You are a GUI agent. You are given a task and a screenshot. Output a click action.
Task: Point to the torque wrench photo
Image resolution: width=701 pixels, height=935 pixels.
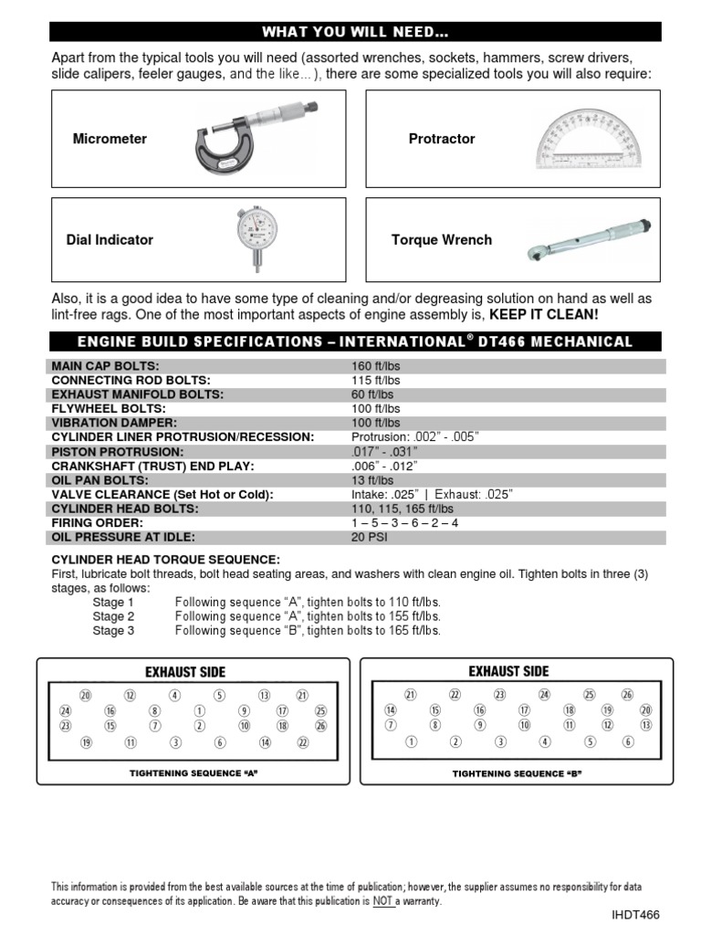pos(589,239)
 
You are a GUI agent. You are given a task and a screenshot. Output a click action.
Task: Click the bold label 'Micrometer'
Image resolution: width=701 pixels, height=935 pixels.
pos(110,139)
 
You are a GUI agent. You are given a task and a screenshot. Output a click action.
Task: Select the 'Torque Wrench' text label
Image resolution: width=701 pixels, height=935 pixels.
pos(441,240)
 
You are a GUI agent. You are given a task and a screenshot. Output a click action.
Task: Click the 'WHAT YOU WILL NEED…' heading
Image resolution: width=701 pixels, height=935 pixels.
pos(356,33)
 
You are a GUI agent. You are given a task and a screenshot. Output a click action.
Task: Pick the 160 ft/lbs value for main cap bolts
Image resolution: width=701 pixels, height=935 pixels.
pos(376,366)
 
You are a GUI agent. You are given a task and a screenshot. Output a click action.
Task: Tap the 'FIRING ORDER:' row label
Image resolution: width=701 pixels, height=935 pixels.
pos(96,523)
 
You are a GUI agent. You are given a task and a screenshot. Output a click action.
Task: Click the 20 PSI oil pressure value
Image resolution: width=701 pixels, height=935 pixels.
pos(369,538)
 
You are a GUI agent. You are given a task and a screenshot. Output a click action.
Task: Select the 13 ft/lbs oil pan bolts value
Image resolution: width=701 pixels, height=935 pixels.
pos(372,480)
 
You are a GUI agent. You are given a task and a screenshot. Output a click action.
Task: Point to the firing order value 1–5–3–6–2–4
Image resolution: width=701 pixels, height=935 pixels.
pos(404,523)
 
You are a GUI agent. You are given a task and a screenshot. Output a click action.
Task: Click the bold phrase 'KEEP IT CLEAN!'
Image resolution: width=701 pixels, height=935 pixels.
pos(544,314)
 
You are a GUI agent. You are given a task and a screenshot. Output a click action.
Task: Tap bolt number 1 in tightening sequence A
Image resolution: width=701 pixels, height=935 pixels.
pos(199,710)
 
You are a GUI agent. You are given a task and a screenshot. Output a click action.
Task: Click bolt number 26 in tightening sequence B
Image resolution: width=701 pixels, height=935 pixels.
pos(626,695)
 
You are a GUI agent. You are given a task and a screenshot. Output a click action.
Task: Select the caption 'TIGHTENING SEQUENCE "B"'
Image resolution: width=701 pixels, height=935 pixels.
pos(517,773)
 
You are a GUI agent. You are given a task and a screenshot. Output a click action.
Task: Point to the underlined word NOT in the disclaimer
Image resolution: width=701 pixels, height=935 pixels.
pos(382,901)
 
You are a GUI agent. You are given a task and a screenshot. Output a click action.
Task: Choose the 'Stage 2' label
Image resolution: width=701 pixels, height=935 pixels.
pos(113,616)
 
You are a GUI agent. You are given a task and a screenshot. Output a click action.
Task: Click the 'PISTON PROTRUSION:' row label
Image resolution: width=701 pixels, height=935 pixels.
pos(117,452)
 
